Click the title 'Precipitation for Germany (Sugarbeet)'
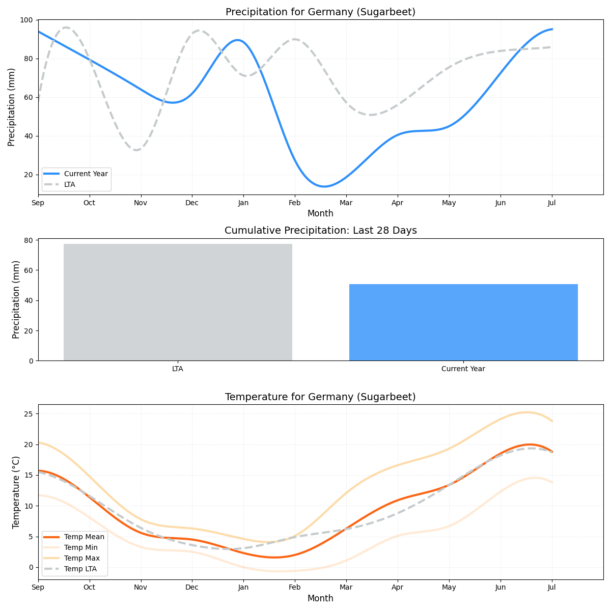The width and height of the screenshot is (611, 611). point(320,12)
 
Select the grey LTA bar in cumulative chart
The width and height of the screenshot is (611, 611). point(178,302)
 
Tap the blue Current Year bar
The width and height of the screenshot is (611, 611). point(463,322)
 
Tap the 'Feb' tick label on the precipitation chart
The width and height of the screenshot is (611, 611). point(294,203)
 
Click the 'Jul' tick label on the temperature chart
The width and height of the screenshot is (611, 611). point(551,588)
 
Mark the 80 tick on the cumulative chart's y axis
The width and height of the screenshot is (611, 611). point(28,240)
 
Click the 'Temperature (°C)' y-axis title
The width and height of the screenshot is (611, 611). point(16,492)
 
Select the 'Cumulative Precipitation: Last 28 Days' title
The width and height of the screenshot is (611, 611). point(320,231)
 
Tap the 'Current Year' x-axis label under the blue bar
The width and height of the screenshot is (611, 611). point(463,369)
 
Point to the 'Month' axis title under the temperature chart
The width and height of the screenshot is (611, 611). point(320,598)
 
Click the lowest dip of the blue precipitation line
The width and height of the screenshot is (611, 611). point(325,186)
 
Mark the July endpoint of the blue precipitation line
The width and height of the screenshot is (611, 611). point(552,29)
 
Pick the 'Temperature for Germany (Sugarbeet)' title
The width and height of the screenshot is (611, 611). point(320,397)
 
